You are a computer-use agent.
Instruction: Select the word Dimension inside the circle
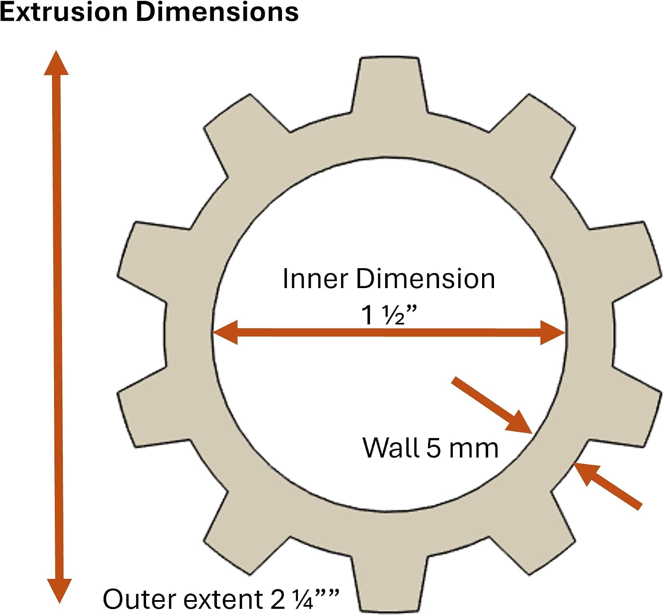tap(425, 279)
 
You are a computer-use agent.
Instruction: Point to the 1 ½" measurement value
tap(389, 315)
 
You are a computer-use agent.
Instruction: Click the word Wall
tap(391, 448)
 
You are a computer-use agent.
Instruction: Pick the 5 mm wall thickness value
tap(462, 448)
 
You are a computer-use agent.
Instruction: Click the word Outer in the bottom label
tap(140, 599)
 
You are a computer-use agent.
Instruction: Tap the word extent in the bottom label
tap(224, 599)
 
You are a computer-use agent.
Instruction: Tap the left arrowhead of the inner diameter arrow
tap(225, 332)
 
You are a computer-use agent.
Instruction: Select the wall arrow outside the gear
tap(608, 485)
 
